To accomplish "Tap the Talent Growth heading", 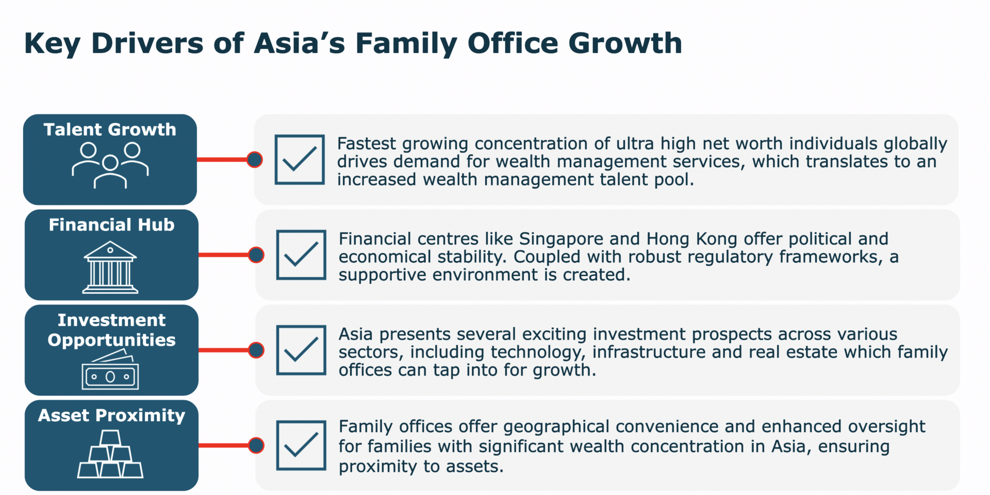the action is point(110,129).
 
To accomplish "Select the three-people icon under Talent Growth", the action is point(110,165).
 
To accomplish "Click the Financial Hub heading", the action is point(111,225).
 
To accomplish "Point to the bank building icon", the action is point(110,267).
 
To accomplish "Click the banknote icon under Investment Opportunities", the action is point(110,370).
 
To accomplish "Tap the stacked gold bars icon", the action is point(110,454).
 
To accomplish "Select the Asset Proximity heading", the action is point(111,416).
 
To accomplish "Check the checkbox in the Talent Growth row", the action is point(300,159).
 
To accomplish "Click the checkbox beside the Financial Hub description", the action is point(301,255).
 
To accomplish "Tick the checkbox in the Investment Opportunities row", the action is point(301,350).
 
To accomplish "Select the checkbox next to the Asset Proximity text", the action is point(301,445).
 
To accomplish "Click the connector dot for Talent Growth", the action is point(255,159).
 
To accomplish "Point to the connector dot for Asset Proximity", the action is point(256,445).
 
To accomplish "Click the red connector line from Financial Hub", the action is point(223,255).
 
